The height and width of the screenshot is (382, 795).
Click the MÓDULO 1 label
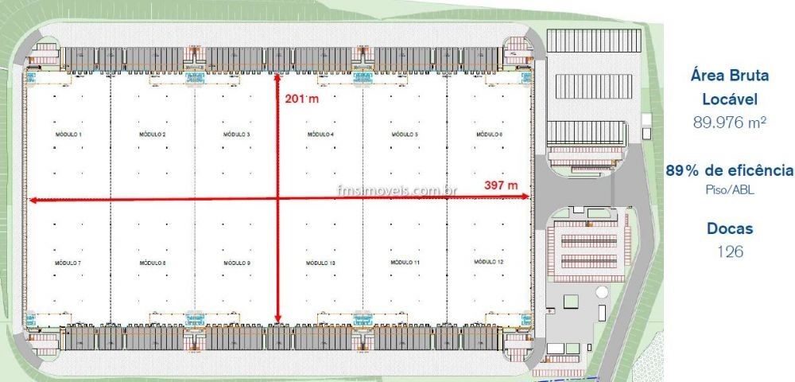pyautogui.click(x=69, y=134)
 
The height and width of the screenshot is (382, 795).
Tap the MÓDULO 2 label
pyautogui.click(x=153, y=134)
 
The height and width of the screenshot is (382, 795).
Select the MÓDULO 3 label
pyautogui.click(x=237, y=134)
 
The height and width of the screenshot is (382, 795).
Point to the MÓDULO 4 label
pyautogui.click(x=320, y=134)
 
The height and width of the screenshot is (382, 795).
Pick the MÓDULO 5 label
pyautogui.click(x=405, y=134)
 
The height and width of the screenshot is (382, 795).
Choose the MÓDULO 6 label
pyautogui.click(x=489, y=134)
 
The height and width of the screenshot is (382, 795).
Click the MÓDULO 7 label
pyautogui.click(x=68, y=263)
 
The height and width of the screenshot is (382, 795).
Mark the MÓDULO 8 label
pyautogui.click(x=153, y=263)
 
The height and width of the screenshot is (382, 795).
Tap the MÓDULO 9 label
pyautogui.click(x=237, y=263)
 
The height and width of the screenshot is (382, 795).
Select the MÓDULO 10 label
pyautogui.click(x=321, y=263)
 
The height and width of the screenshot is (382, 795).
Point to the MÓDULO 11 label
pyautogui.click(x=405, y=262)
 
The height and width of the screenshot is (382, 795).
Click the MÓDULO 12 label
pyautogui.click(x=489, y=262)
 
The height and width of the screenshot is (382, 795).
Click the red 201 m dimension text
pyautogui.click(x=301, y=100)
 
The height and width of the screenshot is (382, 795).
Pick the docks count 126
pyautogui.click(x=729, y=251)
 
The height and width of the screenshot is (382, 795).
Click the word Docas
pyautogui.click(x=729, y=228)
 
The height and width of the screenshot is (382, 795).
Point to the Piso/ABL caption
pyautogui.click(x=729, y=189)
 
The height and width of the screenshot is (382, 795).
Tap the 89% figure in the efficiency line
pyautogui.click(x=686, y=170)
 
